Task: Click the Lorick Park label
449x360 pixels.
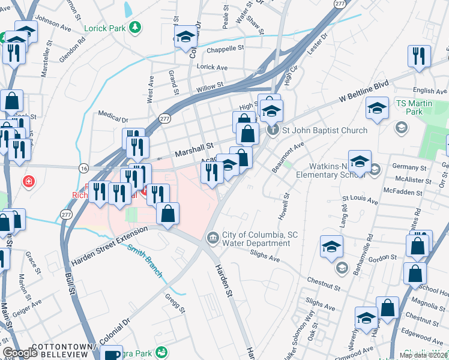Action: [106, 28]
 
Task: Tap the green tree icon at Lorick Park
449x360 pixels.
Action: [136, 27]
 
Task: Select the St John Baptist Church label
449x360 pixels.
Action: [316, 130]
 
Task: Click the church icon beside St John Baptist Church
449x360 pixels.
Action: [273, 130]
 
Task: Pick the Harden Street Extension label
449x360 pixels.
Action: [109, 247]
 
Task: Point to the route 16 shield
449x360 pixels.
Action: [83, 167]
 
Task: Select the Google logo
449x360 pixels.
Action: [20, 353]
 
